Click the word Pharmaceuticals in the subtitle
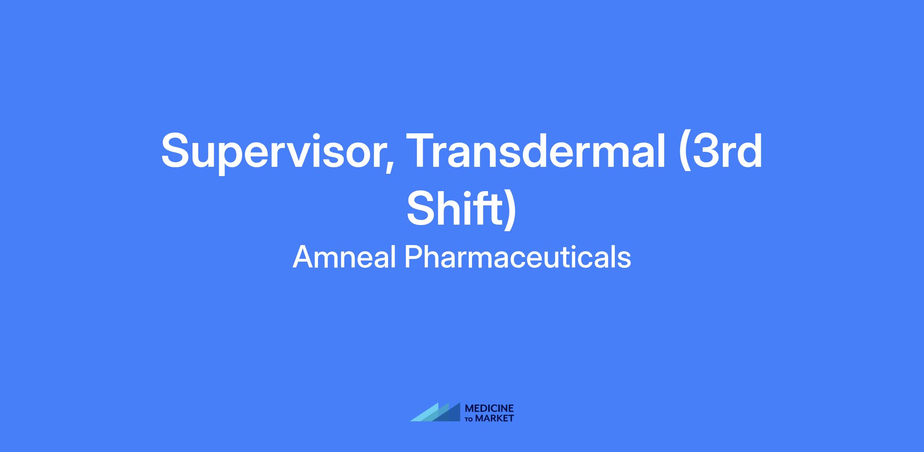(x=518, y=257)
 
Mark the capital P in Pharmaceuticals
(x=413, y=257)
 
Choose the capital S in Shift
(x=422, y=208)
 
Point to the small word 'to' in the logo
(x=470, y=419)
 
